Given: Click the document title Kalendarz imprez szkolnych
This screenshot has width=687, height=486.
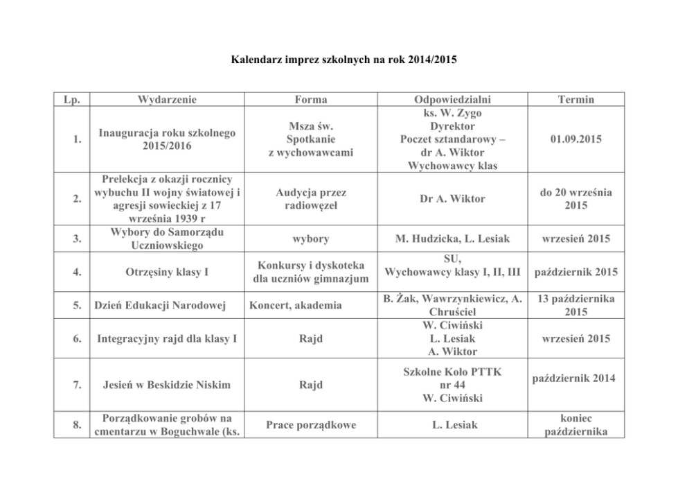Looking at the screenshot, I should pos(343,60).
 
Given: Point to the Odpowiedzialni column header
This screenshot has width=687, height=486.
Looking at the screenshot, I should pos(452,100).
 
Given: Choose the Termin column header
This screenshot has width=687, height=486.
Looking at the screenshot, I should pos(576,100).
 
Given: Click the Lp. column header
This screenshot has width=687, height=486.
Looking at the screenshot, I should pos(72,100).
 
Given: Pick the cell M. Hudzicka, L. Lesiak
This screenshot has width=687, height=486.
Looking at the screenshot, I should pos(452,239).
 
